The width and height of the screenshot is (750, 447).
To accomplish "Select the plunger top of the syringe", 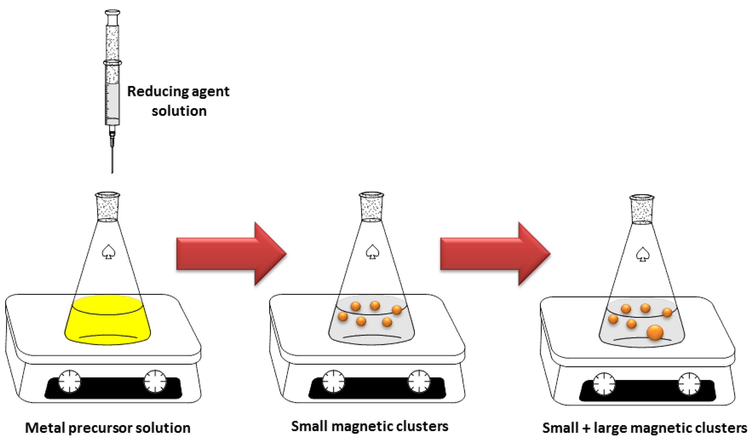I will click(112, 13).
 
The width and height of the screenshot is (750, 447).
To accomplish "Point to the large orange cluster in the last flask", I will click(655, 332).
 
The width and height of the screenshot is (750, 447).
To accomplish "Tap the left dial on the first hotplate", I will click(69, 381).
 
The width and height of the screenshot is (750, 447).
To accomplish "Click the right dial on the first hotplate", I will click(155, 381).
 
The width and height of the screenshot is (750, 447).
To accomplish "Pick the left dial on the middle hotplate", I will click(333, 381).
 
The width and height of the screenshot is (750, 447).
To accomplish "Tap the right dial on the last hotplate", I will click(689, 384).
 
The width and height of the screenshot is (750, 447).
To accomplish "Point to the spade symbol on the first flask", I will click(108, 252).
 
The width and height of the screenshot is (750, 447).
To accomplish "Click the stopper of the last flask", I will click(642, 210).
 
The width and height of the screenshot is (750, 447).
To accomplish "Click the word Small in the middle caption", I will click(309, 426).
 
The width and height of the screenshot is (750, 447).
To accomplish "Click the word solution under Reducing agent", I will click(179, 111).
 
